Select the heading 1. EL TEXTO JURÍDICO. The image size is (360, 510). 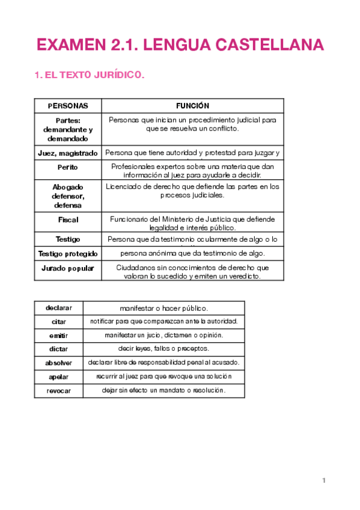[90, 75]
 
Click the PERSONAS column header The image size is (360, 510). [68, 106]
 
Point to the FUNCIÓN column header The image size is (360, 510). [192, 106]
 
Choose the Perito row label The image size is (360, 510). [68, 167]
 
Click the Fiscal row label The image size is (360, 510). [68, 220]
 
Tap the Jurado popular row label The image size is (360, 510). [68, 268]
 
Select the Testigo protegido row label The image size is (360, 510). [68, 254]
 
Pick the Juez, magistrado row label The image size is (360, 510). [68, 153]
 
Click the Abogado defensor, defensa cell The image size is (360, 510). [68, 196]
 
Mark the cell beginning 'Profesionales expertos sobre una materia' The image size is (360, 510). [192, 171]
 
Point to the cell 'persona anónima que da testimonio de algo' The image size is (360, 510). [192, 254]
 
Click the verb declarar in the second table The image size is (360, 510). [59, 308]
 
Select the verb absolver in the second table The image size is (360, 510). [59, 363]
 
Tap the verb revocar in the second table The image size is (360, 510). [59, 391]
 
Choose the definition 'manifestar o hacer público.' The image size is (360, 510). [163, 309]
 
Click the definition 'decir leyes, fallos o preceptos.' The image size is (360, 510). [163, 349]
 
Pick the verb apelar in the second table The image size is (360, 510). [59, 377]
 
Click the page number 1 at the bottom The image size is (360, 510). [323, 480]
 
